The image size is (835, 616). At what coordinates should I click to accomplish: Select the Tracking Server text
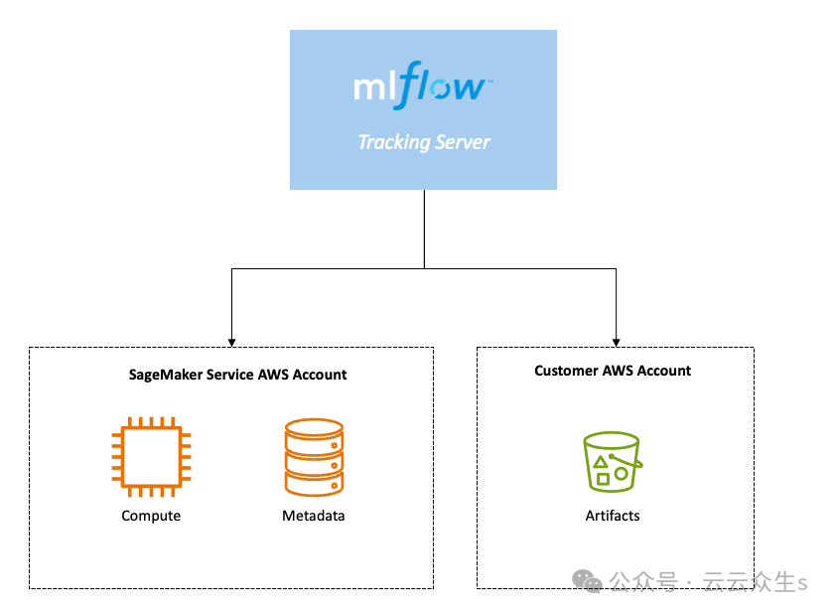(x=423, y=142)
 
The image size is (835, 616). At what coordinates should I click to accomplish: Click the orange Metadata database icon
(x=314, y=457)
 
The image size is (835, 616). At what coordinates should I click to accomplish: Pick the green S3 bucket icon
(x=613, y=462)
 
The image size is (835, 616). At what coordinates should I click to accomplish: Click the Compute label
(x=151, y=516)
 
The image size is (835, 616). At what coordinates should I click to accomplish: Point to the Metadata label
(x=314, y=516)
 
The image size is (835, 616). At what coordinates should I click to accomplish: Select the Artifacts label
(x=613, y=516)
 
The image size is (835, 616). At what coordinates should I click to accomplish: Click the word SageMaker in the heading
(x=162, y=375)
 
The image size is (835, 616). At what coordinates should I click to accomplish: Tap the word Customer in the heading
(x=567, y=371)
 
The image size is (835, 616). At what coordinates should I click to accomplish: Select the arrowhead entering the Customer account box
(x=616, y=341)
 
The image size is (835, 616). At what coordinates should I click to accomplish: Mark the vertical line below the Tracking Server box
(x=424, y=229)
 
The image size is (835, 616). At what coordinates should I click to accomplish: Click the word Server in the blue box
(x=463, y=142)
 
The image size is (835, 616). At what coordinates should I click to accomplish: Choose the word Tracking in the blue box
(x=393, y=142)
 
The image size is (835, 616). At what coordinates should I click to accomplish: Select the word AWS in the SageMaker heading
(x=273, y=375)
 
